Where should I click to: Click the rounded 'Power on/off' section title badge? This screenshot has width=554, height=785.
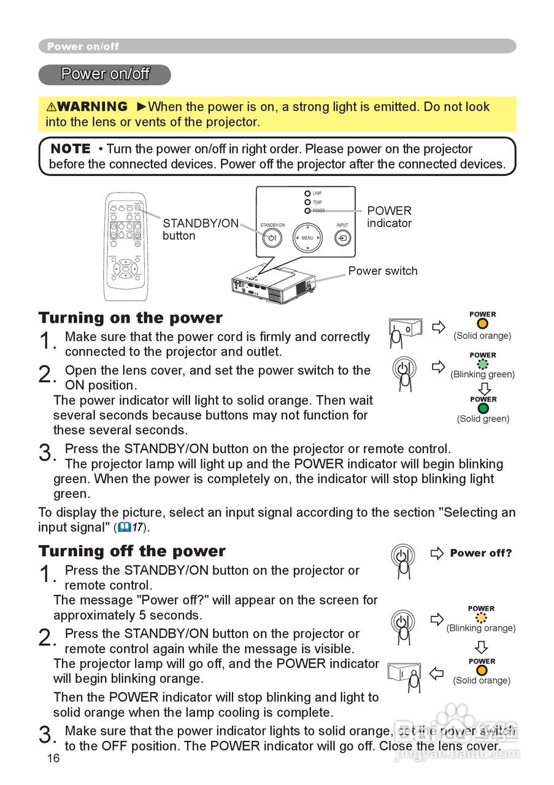(105, 75)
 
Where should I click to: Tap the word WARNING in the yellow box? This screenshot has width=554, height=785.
(92, 107)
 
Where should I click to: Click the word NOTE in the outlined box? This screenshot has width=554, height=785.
(70, 149)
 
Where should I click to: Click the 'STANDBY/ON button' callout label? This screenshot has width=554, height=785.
(200, 229)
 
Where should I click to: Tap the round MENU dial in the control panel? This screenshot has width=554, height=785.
(307, 237)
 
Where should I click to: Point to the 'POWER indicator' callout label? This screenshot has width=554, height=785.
(389, 217)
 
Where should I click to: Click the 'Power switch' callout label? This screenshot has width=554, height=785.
(383, 271)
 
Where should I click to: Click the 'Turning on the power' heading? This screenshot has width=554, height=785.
(131, 318)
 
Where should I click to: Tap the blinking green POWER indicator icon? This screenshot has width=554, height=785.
(483, 364)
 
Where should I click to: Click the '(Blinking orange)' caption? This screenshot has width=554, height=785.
(481, 628)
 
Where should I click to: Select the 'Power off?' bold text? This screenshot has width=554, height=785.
(481, 553)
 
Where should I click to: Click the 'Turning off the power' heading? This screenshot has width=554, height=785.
(132, 551)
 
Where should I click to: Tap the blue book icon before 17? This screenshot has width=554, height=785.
(125, 527)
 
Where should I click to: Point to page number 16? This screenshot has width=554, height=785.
(53, 759)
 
